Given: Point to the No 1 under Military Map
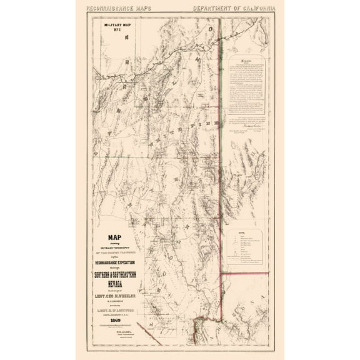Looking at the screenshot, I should pyautogui.click(x=116, y=35).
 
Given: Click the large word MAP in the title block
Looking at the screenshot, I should pyautogui.click(x=116, y=237).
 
